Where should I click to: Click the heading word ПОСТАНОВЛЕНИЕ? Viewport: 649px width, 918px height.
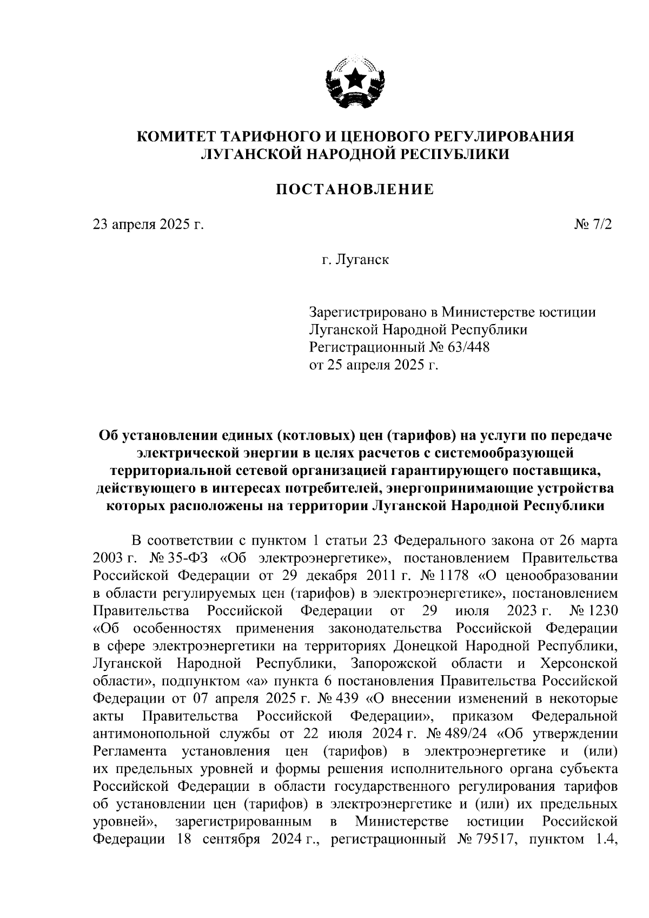click(355, 190)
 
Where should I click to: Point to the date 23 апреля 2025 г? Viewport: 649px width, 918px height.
click(148, 224)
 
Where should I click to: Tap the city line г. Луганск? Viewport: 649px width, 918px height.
click(355, 260)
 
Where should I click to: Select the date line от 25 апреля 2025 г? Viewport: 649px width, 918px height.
click(373, 365)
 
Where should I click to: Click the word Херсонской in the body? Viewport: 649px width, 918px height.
click(579, 663)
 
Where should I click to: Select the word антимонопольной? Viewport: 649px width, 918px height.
click(151, 734)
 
